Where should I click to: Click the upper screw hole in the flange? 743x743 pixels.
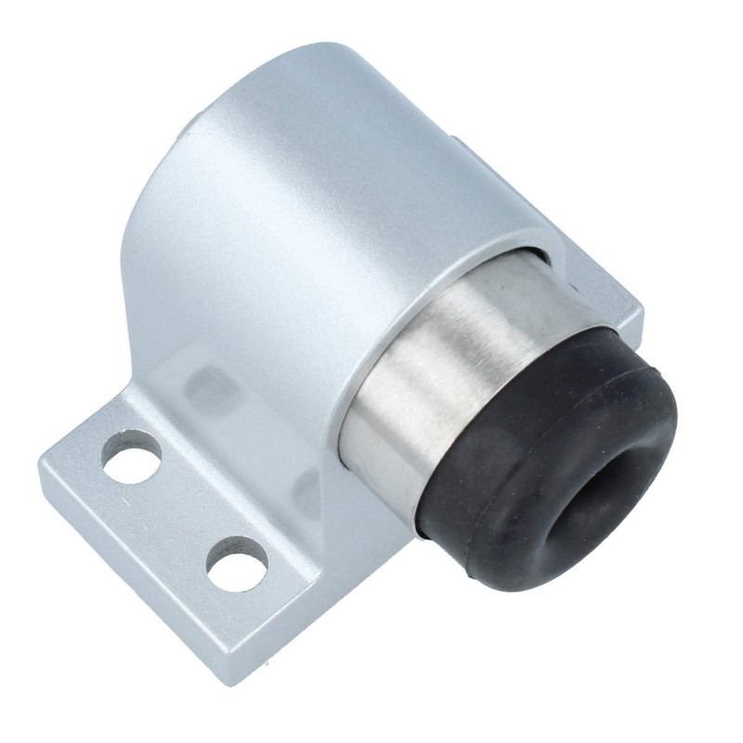[x=132, y=456]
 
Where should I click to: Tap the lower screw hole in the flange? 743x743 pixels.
[x=236, y=565]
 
